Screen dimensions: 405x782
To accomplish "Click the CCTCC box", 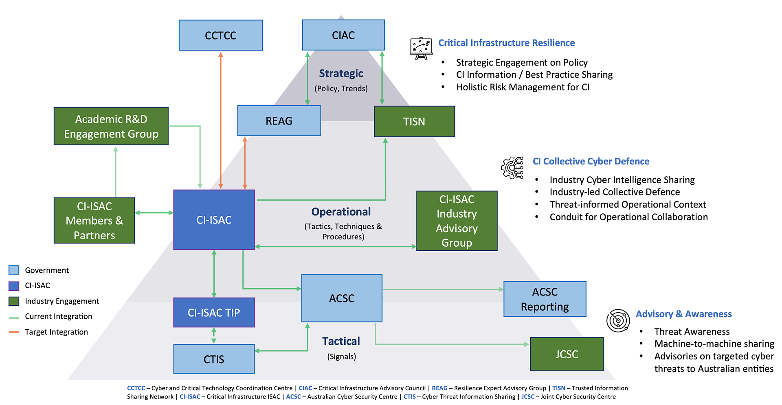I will (221, 35).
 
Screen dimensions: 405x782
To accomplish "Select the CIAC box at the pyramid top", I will (343, 35).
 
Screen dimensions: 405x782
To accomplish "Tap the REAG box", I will (279, 121).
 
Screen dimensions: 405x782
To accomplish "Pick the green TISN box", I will (414, 121).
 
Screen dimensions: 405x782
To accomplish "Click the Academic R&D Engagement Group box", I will (111, 126).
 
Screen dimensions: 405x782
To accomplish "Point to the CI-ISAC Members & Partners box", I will (94, 221).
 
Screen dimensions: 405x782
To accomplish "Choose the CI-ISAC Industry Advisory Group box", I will (457, 221).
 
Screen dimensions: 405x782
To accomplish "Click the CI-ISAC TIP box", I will (214, 313).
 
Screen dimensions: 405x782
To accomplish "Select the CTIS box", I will (214, 359).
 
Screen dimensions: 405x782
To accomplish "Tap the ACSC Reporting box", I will (545, 299).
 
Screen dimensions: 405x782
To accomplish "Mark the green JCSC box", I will (567, 354).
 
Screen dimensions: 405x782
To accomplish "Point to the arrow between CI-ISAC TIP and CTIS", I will (214, 336).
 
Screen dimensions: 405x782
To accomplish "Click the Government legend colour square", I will (14, 270).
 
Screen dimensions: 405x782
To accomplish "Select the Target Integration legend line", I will (14, 332).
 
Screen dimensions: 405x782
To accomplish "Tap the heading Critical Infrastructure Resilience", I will (506, 43).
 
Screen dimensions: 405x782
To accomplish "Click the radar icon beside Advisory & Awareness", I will (618, 320).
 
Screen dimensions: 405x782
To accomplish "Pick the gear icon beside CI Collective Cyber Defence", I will (512, 168).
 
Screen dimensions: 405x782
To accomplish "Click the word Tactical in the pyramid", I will (341, 341).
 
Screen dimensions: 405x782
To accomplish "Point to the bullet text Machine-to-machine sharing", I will (714, 344).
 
